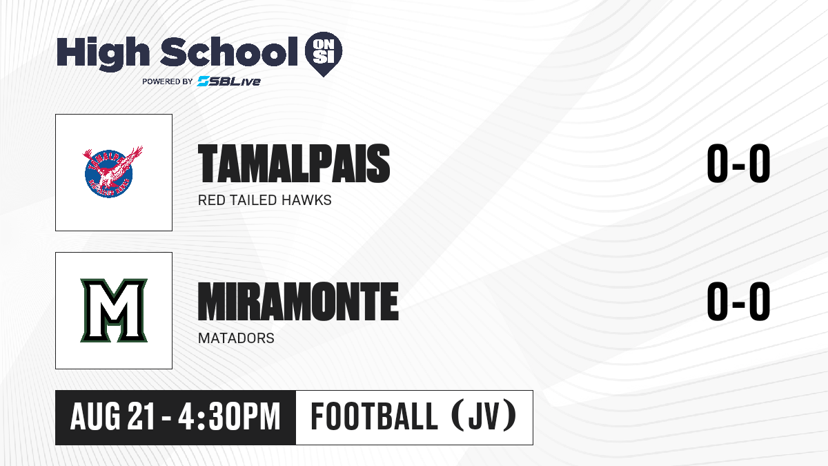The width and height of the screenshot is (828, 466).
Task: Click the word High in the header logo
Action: click(103, 54)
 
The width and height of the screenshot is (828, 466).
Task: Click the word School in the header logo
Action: click(229, 52)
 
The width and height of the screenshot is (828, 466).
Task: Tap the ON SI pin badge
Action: click(324, 54)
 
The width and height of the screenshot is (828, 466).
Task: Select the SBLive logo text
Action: click(229, 81)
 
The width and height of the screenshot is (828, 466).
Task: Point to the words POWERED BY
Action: click(168, 81)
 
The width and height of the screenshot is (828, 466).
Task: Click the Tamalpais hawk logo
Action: click(112, 172)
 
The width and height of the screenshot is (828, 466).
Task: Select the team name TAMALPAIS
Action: click(294, 164)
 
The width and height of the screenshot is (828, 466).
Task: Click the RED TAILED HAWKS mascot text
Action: click(265, 200)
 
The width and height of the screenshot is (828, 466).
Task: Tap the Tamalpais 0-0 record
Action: click(738, 163)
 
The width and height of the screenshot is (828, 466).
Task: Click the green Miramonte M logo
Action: click(114, 310)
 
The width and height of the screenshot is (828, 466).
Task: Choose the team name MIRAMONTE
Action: click(298, 302)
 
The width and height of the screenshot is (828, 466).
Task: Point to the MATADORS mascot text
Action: click(236, 338)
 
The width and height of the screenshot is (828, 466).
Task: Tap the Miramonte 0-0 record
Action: click(738, 301)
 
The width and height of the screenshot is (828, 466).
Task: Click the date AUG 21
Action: click(112, 417)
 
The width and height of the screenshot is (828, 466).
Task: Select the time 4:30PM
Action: click(229, 417)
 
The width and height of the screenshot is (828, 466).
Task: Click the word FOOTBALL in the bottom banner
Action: click(375, 416)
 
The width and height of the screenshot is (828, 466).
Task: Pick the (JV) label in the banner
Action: click(484, 416)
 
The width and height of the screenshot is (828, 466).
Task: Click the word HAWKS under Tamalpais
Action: click(306, 200)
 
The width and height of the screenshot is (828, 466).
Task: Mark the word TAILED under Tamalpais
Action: click(253, 200)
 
